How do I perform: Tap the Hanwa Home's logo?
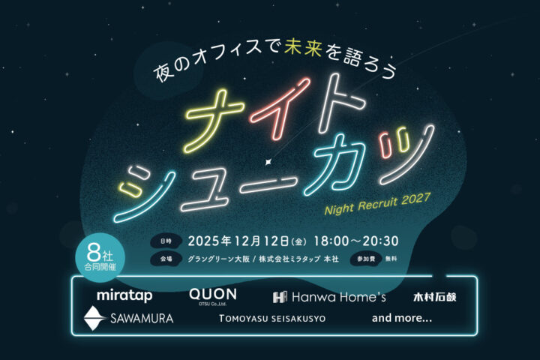tap(329, 297)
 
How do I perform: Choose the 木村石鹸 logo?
tap(434, 297)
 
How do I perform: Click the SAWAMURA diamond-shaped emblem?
tap(94, 318)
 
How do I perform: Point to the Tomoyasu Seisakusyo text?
tap(272, 319)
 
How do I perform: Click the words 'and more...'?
tap(401, 318)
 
